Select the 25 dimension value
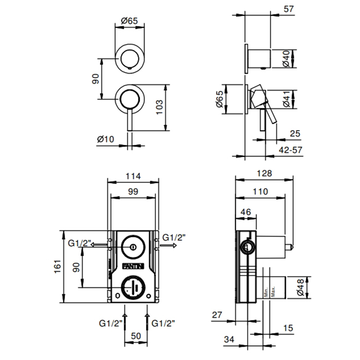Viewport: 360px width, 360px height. coord(295,134)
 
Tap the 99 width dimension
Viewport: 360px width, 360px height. coord(133,191)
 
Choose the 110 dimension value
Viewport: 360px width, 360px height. coord(261,191)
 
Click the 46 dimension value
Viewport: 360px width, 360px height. coord(245,212)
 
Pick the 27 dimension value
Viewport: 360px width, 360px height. coord(217,315)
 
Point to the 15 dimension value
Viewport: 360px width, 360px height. coord(287,328)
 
